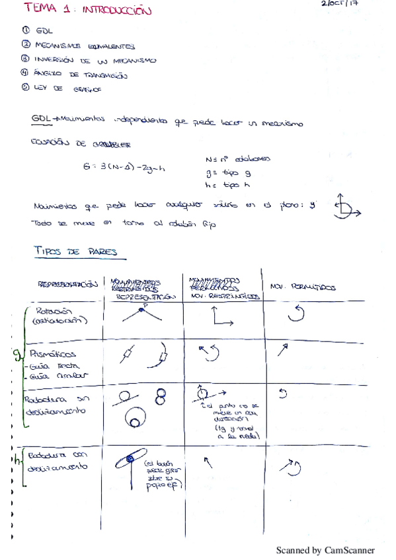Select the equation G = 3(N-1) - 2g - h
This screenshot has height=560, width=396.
pyautogui.click(x=124, y=168)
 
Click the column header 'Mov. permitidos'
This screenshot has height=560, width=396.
pyautogui.click(x=303, y=287)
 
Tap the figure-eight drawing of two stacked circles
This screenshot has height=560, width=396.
pyautogui.click(x=159, y=396)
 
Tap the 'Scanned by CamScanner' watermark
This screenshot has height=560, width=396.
pyautogui.click(x=325, y=549)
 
